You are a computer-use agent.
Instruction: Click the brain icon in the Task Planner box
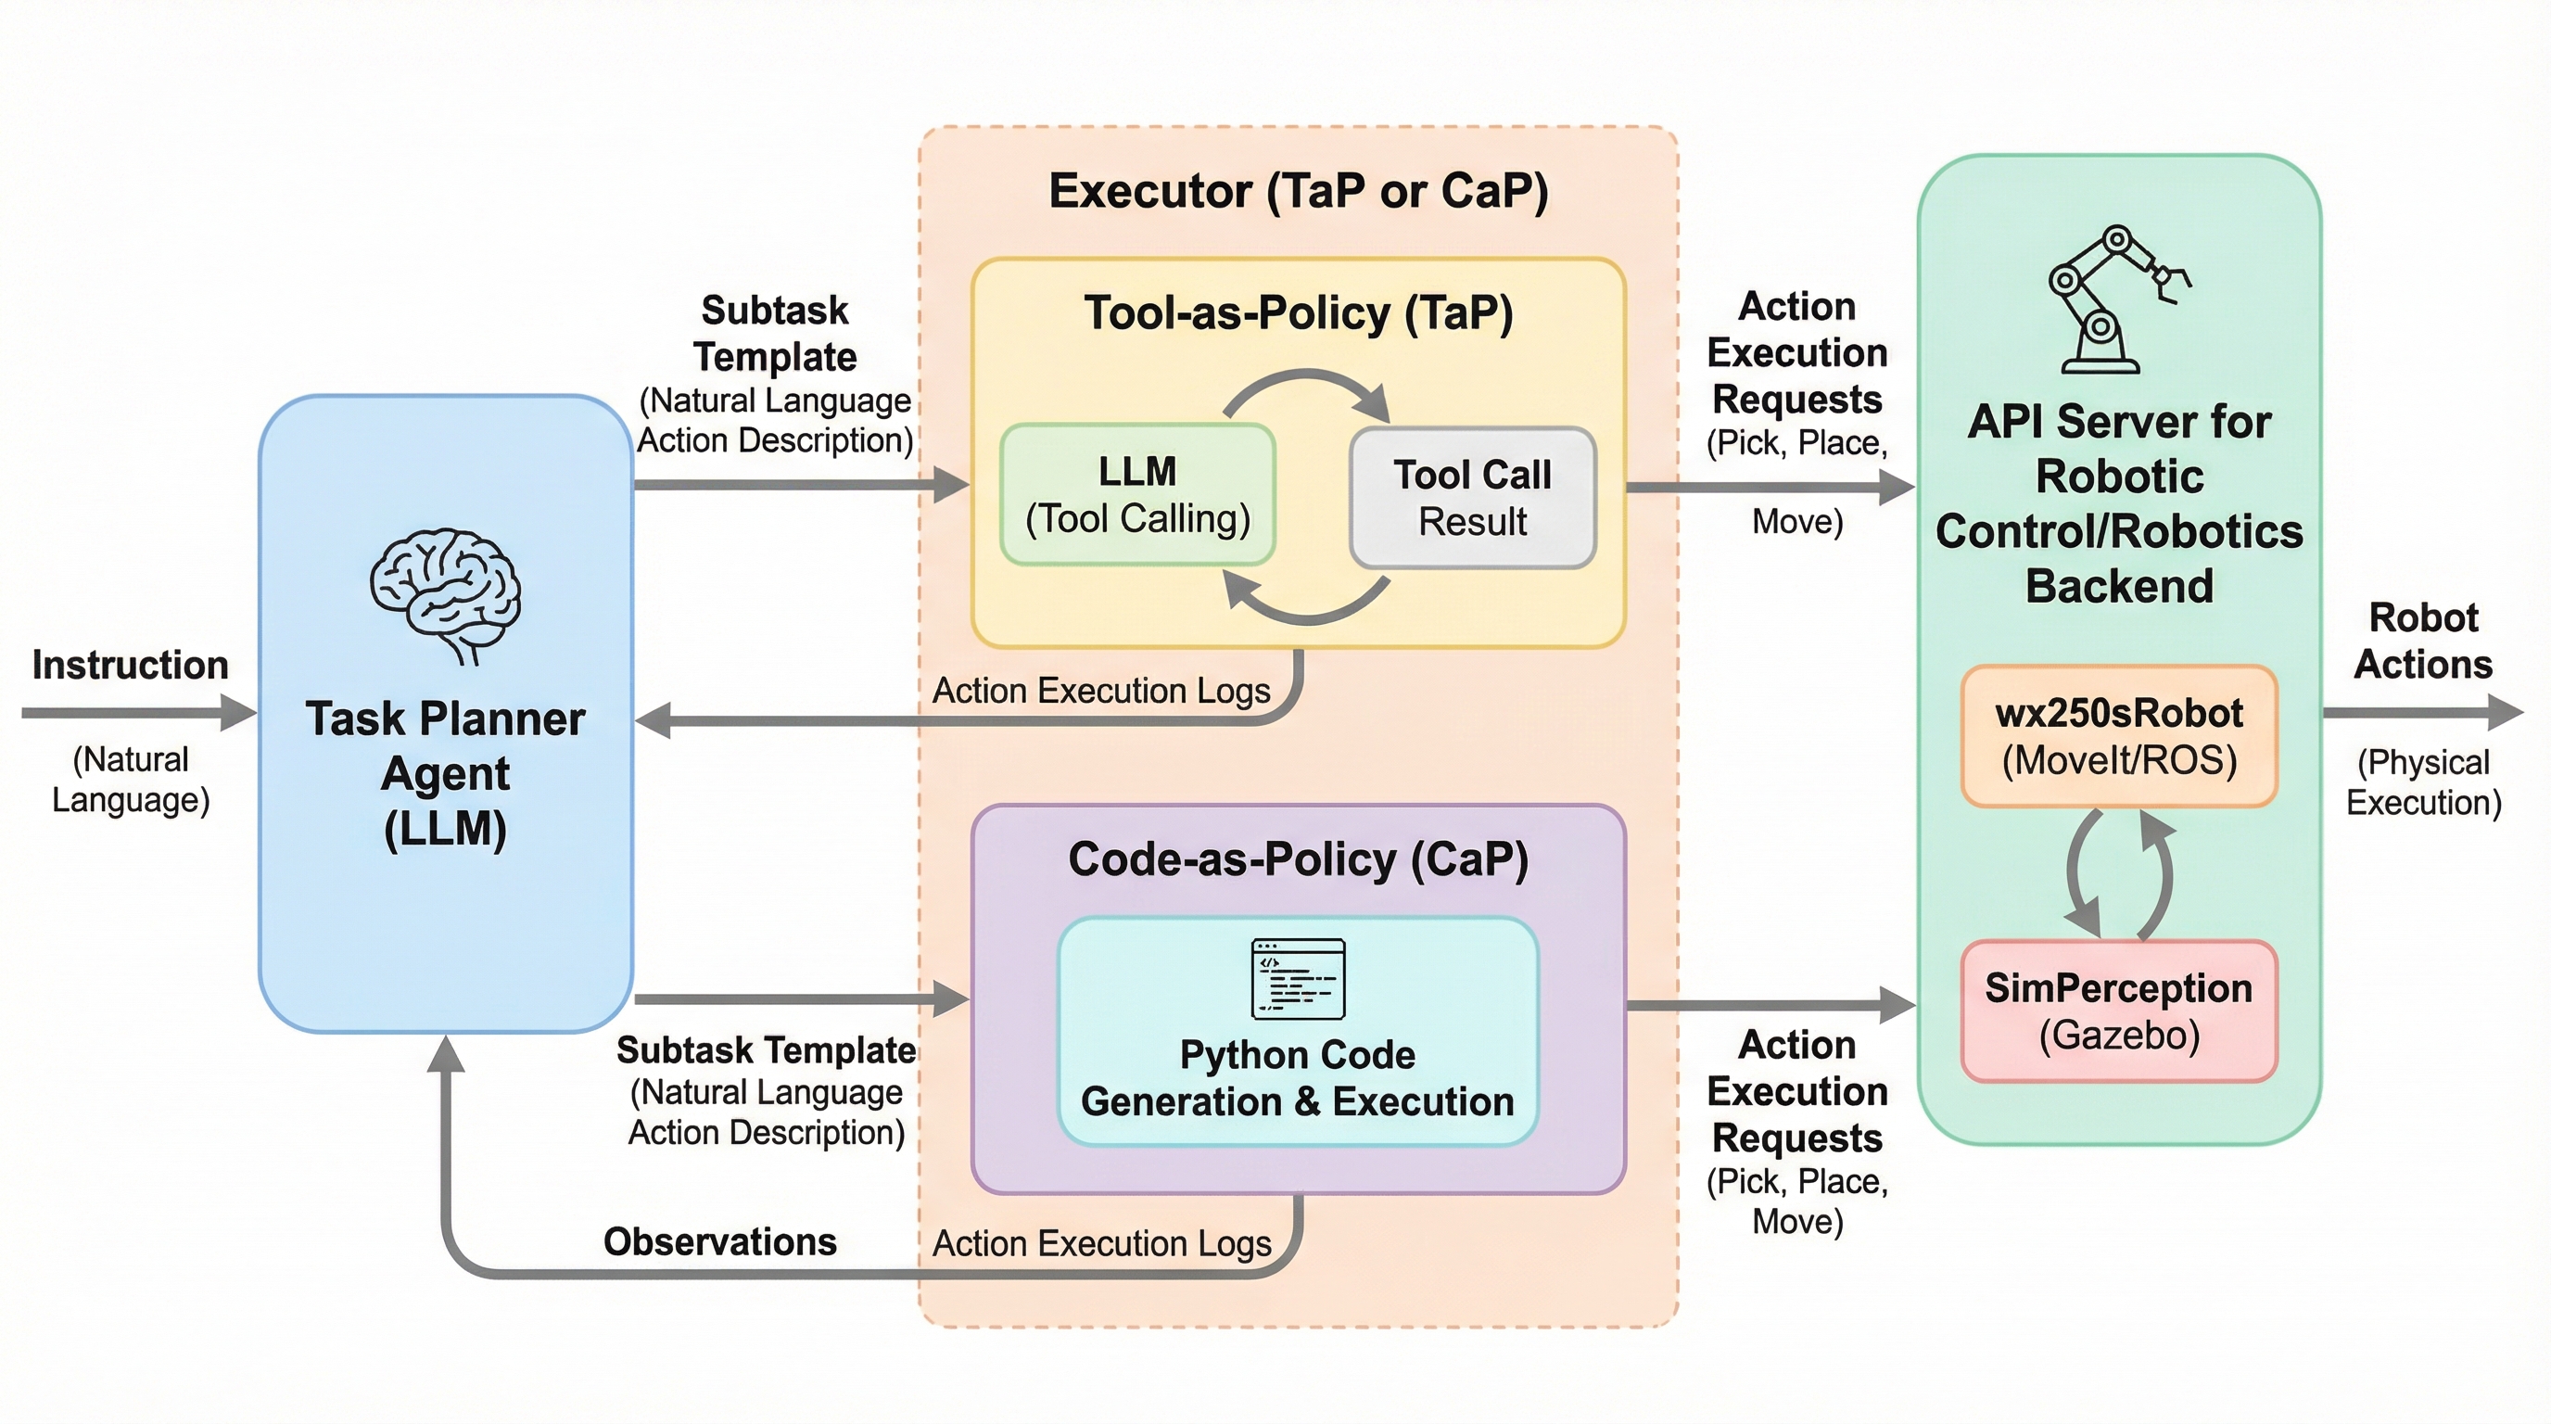point(445,594)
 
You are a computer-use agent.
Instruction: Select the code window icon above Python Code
point(1299,978)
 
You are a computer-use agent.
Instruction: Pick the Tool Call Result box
point(1473,498)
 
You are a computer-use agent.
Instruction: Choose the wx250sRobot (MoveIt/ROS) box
point(2119,737)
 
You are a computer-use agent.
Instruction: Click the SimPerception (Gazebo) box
point(2119,1011)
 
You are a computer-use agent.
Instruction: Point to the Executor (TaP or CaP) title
point(1299,191)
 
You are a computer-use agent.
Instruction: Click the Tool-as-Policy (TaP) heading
point(1299,313)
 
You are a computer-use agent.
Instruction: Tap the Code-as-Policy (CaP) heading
point(1299,859)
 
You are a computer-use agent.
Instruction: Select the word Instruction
point(130,665)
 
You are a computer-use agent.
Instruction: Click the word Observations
point(720,1241)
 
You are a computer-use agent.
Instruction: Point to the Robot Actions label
point(2422,641)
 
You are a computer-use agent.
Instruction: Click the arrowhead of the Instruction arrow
point(240,713)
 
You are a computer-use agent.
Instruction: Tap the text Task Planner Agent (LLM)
point(445,773)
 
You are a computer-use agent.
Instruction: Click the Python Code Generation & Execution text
point(1298,1078)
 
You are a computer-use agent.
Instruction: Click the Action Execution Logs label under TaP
point(1101,691)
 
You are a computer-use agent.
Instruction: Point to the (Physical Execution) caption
point(2423,782)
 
